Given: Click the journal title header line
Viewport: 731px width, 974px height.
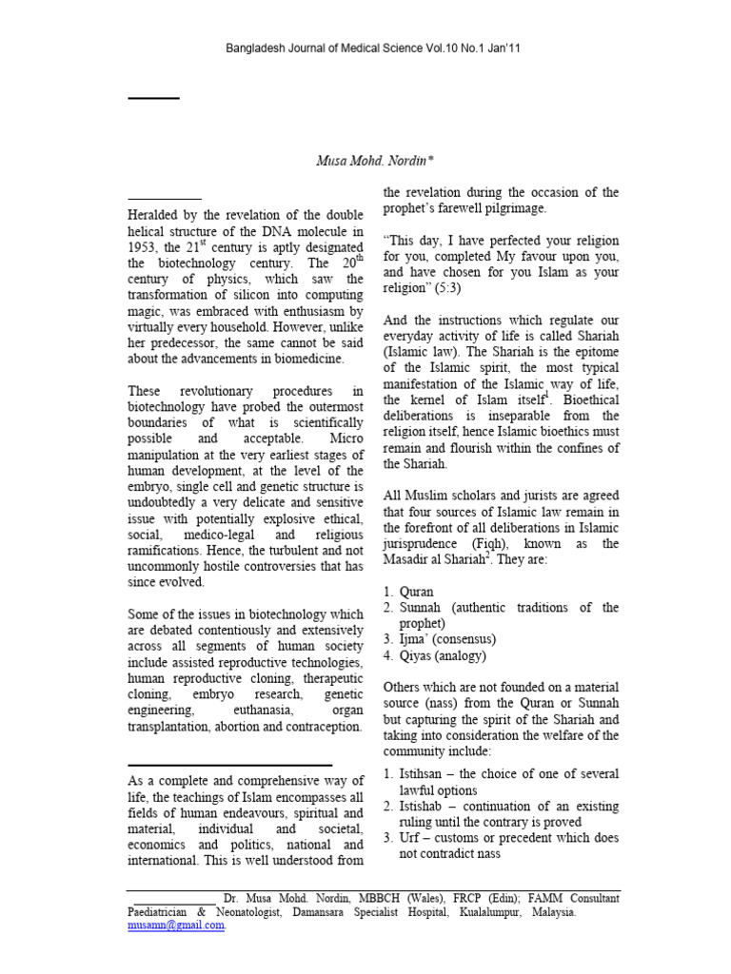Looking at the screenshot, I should [365, 49].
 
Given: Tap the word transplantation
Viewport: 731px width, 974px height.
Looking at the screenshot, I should [172, 727].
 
